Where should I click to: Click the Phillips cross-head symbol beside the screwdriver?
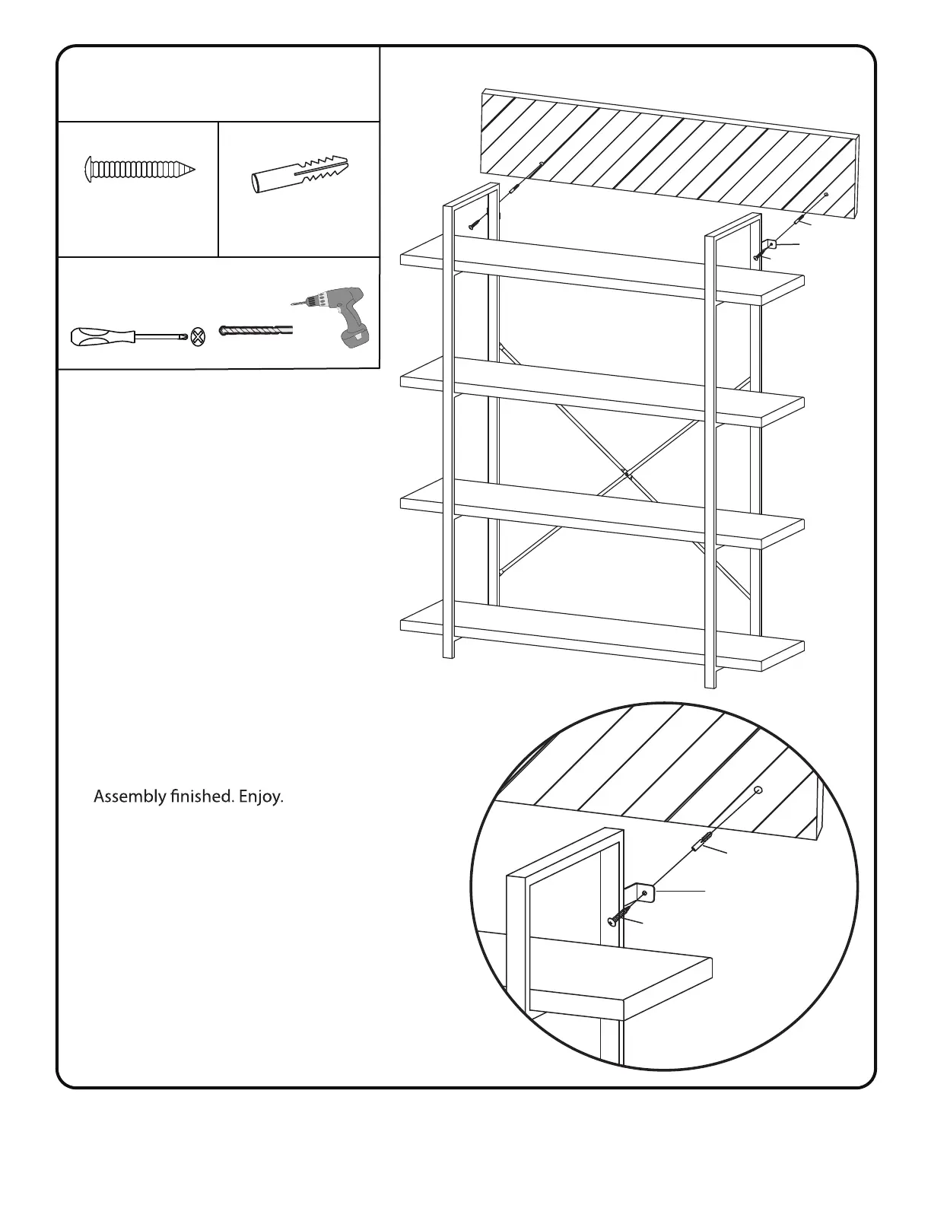(x=199, y=336)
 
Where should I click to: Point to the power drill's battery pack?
(x=356, y=335)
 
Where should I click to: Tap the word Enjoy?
(x=261, y=797)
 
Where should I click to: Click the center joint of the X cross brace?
(x=626, y=473)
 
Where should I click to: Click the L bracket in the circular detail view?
(x=645, y=893)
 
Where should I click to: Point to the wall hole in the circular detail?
(x=758, y=790)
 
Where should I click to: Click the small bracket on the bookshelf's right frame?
(x=770, y=246)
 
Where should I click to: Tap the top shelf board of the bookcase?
(x=601, y=270)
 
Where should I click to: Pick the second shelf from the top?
(x=601, y=392)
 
